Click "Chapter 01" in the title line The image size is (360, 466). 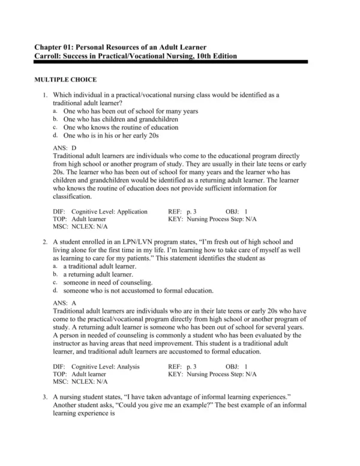pos(53,47)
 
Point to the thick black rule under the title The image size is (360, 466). pos(170,62)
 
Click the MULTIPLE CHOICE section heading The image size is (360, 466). pos(65,80)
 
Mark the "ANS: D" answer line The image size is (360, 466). pos(65,147)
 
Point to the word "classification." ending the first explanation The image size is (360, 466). pos(72,196)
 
